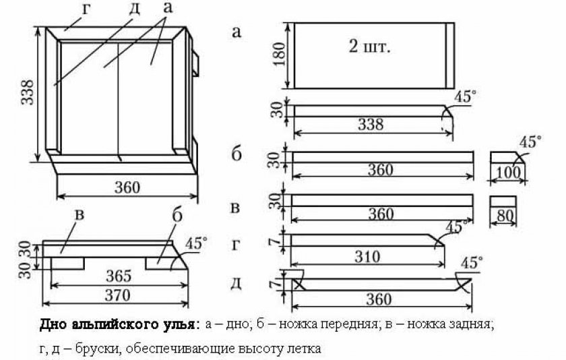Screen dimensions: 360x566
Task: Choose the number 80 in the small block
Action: pyautogui.click(x=504, y=216)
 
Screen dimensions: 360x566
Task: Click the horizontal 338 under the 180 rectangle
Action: pyautogui.click(x=371, y=125)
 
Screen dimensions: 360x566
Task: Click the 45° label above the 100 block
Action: pyautogui.click(x=530, y=142)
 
